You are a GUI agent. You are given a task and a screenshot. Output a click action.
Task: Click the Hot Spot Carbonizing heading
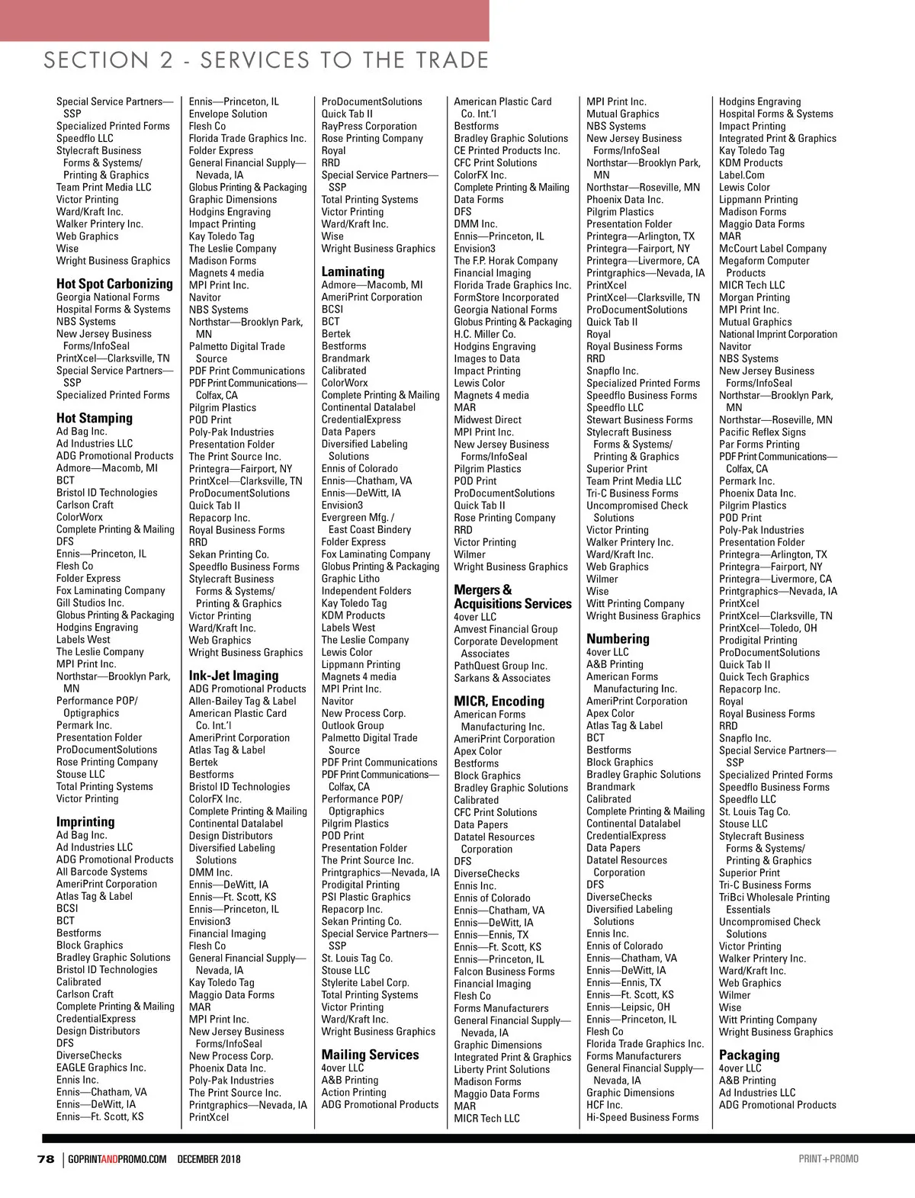[114, 284]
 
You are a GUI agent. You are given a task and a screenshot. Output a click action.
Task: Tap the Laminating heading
[352, 271]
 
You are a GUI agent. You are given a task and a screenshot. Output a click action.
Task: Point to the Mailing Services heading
[370, 1055]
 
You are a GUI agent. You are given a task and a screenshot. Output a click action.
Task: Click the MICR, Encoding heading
[499, 701]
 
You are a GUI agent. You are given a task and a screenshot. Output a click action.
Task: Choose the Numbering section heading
[618, 639]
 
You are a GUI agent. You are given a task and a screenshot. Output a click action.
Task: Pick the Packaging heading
[749, 1055]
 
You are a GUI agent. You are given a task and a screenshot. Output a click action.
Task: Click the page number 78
[46, 1159]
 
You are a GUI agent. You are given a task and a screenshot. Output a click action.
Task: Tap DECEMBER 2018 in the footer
[209, 1159]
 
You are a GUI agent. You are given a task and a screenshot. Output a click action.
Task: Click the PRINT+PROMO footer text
[828, 1159]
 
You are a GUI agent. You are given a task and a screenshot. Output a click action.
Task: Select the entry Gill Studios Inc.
[90, 602]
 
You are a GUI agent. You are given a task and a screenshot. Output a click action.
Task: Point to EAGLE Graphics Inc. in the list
[101, 1068]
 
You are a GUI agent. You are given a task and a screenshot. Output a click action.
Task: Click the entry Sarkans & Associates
[502, 678]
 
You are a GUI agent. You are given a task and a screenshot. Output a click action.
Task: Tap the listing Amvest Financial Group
[506, 629]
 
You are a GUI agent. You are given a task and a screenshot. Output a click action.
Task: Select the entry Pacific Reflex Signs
[762, 432]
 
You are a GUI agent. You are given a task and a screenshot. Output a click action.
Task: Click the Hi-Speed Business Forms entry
[642, 1117]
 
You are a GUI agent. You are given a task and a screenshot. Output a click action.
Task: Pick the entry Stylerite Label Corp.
[365, 982]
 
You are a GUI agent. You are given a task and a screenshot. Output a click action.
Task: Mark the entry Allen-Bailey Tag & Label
[242, 701]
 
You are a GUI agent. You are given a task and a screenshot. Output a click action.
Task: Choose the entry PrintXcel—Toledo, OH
[768, 628]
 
